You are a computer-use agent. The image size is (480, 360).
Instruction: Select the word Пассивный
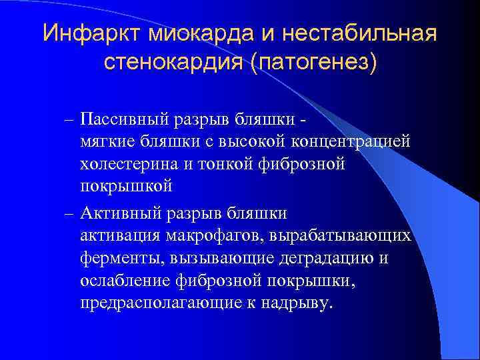point(123,119)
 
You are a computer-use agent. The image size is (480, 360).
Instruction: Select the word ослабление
point(123,281)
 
